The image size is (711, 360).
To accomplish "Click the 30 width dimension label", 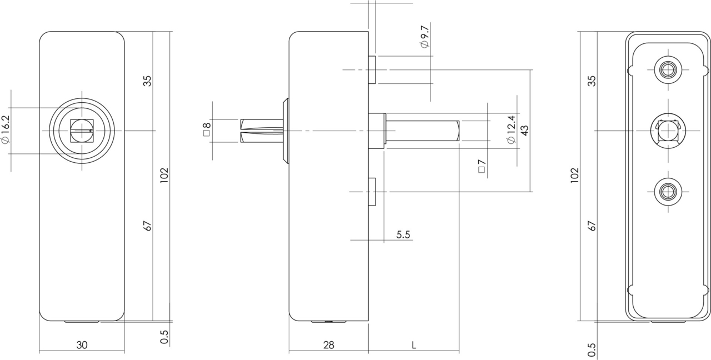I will click(x=82, y=345).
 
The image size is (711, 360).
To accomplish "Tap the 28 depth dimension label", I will click(x=328, y=345).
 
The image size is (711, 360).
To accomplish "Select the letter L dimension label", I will click(x=414, y=345).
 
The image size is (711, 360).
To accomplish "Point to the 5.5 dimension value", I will click(x=403, y=235).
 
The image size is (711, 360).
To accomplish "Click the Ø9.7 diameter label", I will click(x=425, y=36).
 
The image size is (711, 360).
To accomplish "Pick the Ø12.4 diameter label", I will click(x=512, y=129).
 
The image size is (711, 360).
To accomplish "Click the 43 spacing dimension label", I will click(x=524, y=130).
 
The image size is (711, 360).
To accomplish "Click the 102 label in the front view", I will click(x=164, y=176).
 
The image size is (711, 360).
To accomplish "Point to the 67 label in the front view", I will click(x=148, y=226).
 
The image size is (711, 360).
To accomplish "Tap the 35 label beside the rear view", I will click(x=592, y=81).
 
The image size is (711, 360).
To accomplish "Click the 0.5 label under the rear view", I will click(x=592, y=349).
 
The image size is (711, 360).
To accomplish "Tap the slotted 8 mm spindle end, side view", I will click(x=261, y=131).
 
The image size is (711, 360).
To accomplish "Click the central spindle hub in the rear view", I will click(x=668, y=131).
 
